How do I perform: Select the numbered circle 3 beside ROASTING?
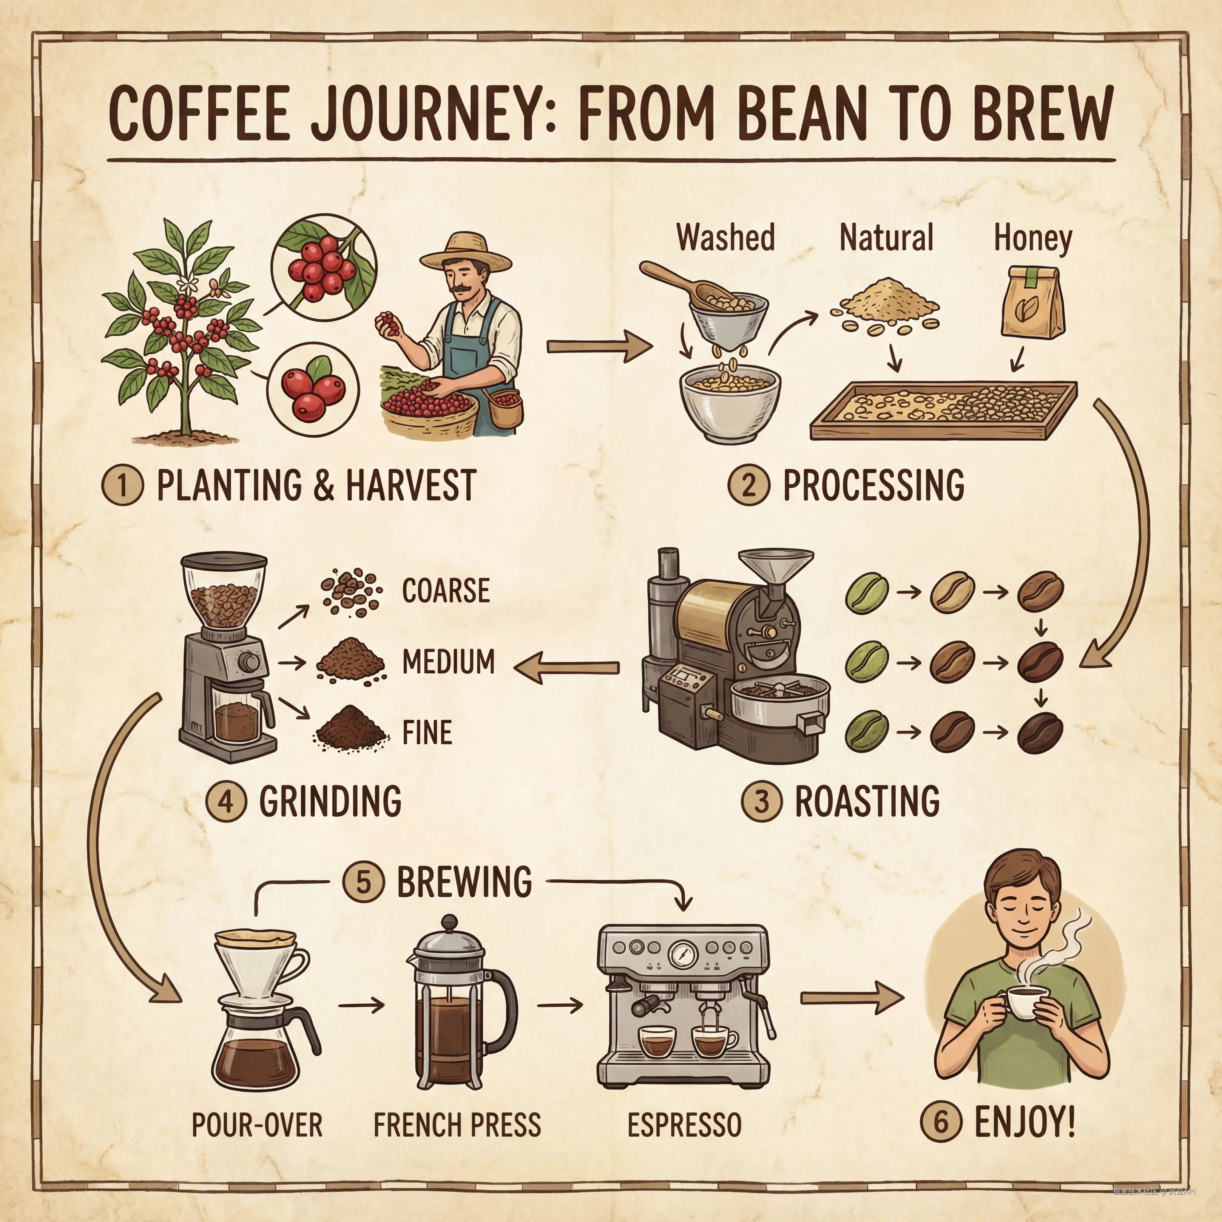coord(762,801)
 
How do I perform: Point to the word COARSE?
coord(446,591)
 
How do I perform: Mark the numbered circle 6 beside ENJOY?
coord(941,1122)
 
